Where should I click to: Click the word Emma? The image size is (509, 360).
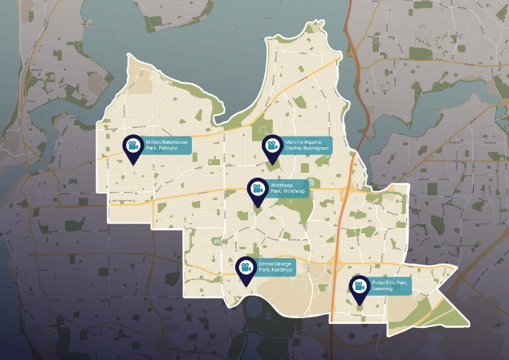pyautogui.click(x=265, y=264)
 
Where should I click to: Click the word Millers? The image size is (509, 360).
pyautogui.click(x=152, y=143)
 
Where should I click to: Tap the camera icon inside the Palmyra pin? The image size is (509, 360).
pyautogui.click(x=132, y=145)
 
